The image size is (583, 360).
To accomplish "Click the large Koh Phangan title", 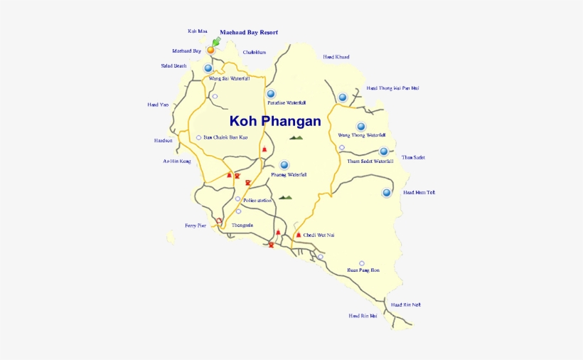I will (x=274, y=121).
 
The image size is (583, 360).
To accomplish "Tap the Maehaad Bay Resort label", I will (x=248, y=32).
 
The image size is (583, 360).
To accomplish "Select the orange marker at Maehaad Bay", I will (x=210, y=50).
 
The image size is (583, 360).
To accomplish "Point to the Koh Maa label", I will (x=197, y=31).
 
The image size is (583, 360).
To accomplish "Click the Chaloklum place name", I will (x=254, y=52).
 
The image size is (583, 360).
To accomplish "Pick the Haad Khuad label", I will (x=336, y=57).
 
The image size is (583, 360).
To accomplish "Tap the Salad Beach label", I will (x=173, y=66).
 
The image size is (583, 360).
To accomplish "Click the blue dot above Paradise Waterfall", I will (x=270, y=93).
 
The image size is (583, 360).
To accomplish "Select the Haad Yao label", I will (x=158, y=105).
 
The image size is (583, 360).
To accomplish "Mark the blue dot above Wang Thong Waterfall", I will (x=360, y=126).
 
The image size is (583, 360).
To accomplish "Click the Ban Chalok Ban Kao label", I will (x=225, y=137).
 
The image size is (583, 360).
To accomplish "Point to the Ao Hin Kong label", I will (x=176, y=162).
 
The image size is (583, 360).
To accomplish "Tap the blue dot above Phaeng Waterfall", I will (x=284, y=164).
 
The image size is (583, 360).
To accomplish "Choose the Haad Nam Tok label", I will (x=419, y=193).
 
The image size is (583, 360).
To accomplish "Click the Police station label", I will (x=257, y=201).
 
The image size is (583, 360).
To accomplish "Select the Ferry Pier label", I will (x=196, y=226).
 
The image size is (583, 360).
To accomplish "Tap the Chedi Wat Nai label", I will (x=319, y=235).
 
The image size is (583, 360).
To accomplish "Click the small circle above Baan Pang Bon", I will (x=362, y=263).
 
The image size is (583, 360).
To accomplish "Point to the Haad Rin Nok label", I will (x=405, y=305).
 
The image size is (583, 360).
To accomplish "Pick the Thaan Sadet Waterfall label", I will (x=370, y=162).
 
